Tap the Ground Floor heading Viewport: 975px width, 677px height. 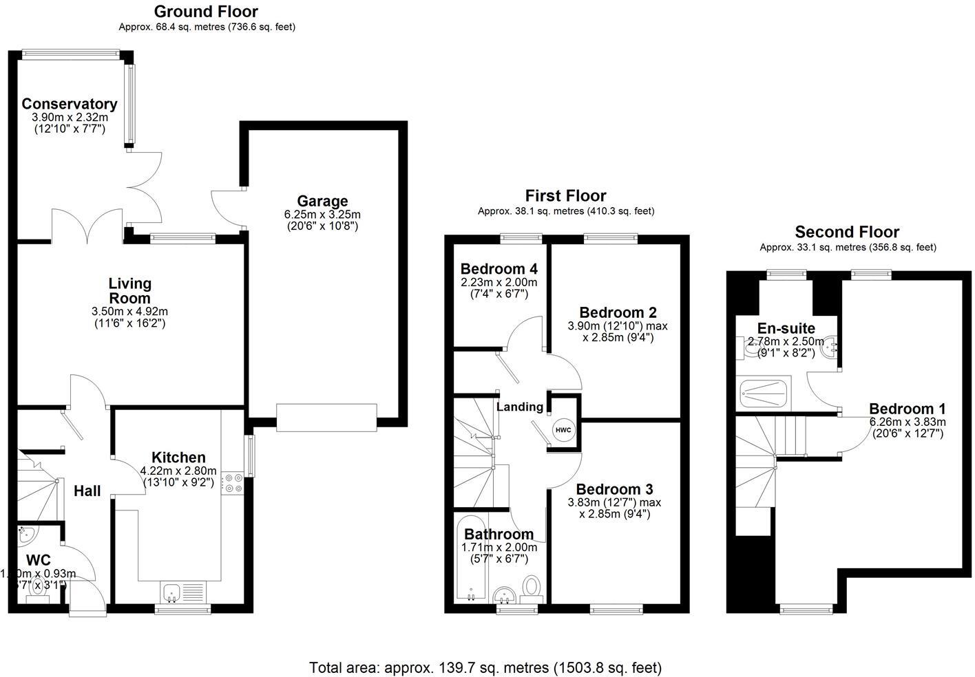click(x=206, y=12)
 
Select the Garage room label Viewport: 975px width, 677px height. click(x=322, y=201)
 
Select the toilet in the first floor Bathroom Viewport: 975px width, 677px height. click(x=531, y=588)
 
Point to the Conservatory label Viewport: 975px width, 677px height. click(x=70, y=104)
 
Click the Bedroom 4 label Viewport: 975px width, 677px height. click(x=499, y=268)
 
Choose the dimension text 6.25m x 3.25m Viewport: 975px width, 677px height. click(x=322, y=214)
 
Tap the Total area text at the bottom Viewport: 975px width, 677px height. click(x=485, y=667)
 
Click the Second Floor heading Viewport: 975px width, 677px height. click(x=847, y=232)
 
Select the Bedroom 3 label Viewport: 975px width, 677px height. click(x=614, y=489)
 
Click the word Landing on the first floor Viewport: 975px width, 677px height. click(x=519, y=407)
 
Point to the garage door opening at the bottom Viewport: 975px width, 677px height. click(x=326, y=418)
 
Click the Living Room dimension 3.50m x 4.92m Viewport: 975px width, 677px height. click(x=129, y=312)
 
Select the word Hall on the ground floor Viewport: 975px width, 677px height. click(x=87, y=491)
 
